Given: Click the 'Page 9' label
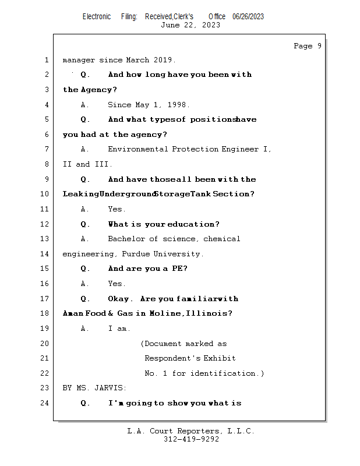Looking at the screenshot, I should pyautogui.click(x=307, y=46).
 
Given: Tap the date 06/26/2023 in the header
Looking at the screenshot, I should pyautogui.click(x=248, y=17).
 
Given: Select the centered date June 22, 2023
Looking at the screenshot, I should pyautogui.click(x=190, y=25).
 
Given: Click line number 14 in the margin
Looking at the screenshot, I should pyautogui.click(x=45, y=254).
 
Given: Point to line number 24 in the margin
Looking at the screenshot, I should pyautogui.click(x=45, y=403).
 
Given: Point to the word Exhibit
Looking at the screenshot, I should pyautogui.click(x=220, y=358).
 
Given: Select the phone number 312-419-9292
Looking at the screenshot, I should pyautogui.click(x=190, y=439).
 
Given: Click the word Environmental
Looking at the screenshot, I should pyautogui.click(x=137, y=149).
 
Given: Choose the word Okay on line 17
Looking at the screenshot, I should pyautogui.click(x=120, y=299).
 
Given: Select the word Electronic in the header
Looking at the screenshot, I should pyautogui.click(x=97, y=17).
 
